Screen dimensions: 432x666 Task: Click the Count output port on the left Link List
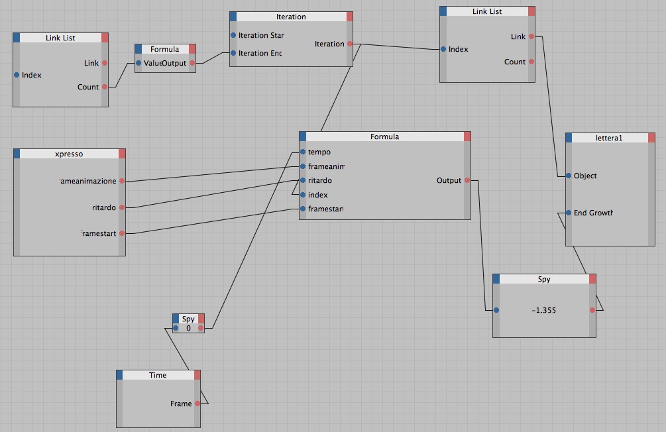click(104, 87)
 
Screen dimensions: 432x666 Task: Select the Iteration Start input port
click(233, 35)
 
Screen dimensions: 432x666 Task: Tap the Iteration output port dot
click(350, 44)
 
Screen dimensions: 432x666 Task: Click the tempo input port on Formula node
click(303, 152)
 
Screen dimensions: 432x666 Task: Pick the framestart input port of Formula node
click(303, 209)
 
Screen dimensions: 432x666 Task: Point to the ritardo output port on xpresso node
click(122, 207)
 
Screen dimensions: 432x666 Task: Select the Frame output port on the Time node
click(197, 404)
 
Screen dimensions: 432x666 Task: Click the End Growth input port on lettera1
click(569, 213)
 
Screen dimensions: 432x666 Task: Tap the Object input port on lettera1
click(569, 176)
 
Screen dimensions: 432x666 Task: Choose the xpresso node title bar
click(69, 154)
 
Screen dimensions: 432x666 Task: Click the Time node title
click(158, 375)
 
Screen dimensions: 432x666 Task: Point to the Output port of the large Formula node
click(468, 180)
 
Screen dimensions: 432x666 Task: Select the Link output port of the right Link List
click(531, 36)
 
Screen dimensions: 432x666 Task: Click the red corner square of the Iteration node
click(350, 17)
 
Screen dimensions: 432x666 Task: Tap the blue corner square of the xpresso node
click(17, 154)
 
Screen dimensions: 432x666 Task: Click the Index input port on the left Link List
click(17, 75)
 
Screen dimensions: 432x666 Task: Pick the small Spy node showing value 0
click(188, 323)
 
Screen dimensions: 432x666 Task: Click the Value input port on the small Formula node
click(139, 63)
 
